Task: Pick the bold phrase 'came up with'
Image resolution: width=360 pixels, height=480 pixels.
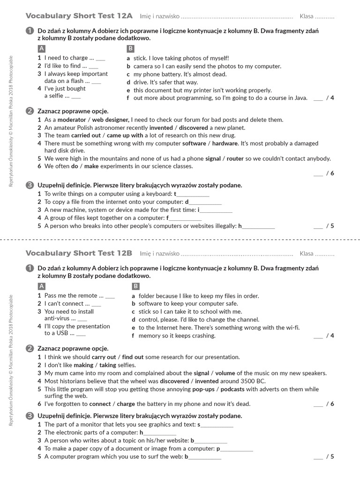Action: tap(125, 135)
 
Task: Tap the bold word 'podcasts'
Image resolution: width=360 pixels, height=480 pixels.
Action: tap(233, 389)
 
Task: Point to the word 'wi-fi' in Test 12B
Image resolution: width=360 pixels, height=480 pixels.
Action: tap(291, 328)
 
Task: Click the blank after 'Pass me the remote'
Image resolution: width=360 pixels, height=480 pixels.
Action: tap(110, 297)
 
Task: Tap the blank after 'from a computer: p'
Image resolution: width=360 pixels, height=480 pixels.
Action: tap(237, 450)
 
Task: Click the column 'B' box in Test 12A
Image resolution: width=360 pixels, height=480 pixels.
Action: tap(130, 49)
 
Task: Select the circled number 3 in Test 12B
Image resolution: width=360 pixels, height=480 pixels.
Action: tap(30, 415)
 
